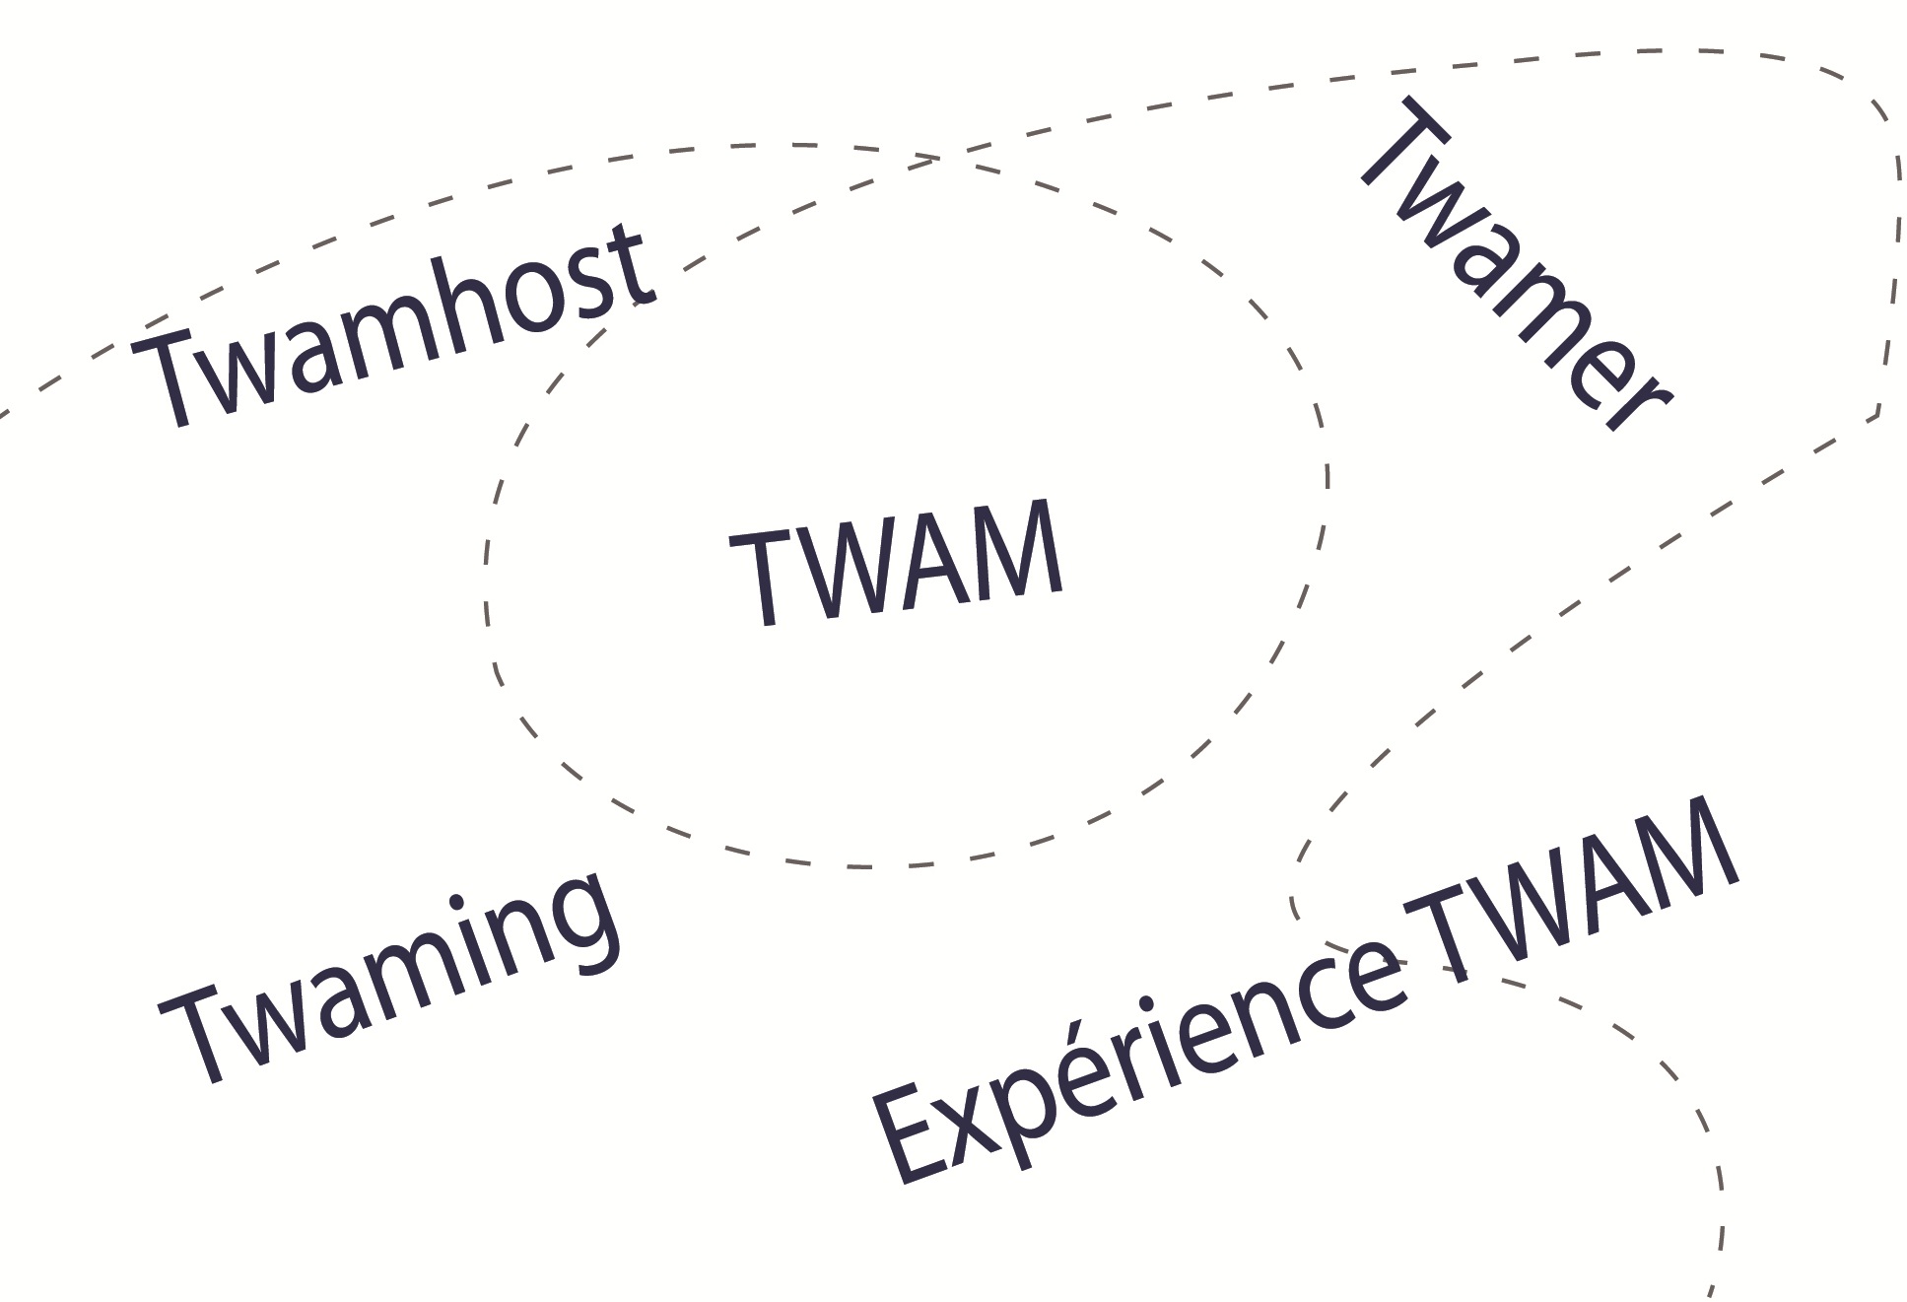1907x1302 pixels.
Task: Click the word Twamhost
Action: [x=394, y=325]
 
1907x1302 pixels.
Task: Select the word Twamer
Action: [x=1513, y=266]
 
